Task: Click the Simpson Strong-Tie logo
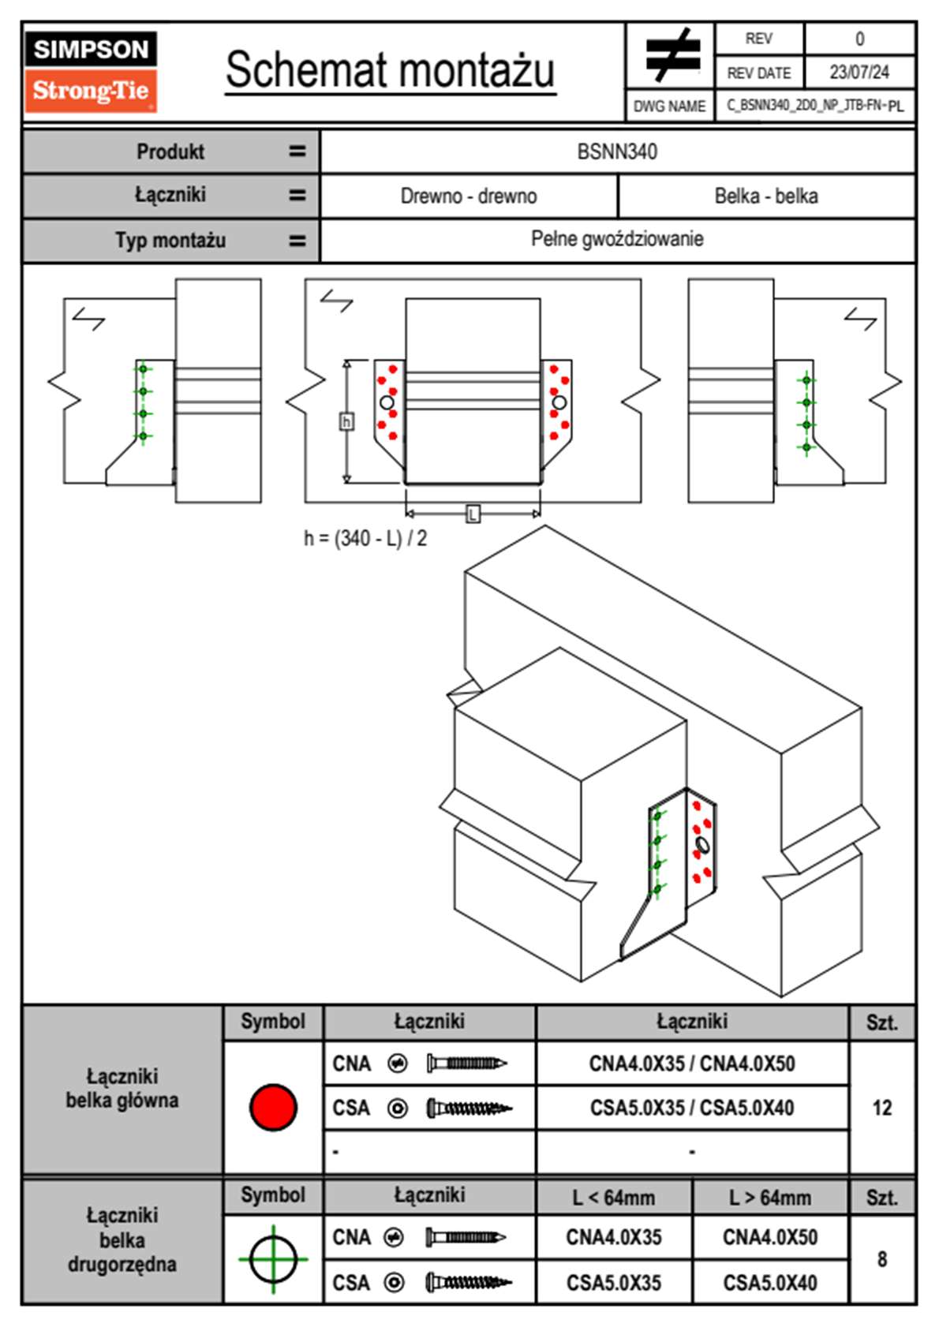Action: click(91, 71)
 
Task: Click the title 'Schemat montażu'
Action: click(391, 70)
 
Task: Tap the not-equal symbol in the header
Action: click(672, 55)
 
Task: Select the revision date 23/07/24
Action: click(859, 73)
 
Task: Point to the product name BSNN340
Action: click(617, 151)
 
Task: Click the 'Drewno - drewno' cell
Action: click(469, 196)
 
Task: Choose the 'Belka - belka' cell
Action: click(766, 196)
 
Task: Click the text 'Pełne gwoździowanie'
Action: click(617, 239)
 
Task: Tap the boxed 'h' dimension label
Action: click(346, 422)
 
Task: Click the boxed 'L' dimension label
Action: click(473, 514)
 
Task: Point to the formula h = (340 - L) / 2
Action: click(365, 539)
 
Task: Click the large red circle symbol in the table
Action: click(273, 1107)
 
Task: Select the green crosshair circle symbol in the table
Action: click(273, 1259)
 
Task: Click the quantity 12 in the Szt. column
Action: click(882, 1108)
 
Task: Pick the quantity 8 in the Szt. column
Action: click(882, 1259)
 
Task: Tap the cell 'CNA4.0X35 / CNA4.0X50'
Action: click(692, 1063)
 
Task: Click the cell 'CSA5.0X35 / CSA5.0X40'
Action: click(692, 1108)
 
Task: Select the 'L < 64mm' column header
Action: click(614, 1198)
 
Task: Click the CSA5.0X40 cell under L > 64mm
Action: click(770, 1283)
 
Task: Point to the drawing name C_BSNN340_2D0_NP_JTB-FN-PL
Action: click(815, 105)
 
